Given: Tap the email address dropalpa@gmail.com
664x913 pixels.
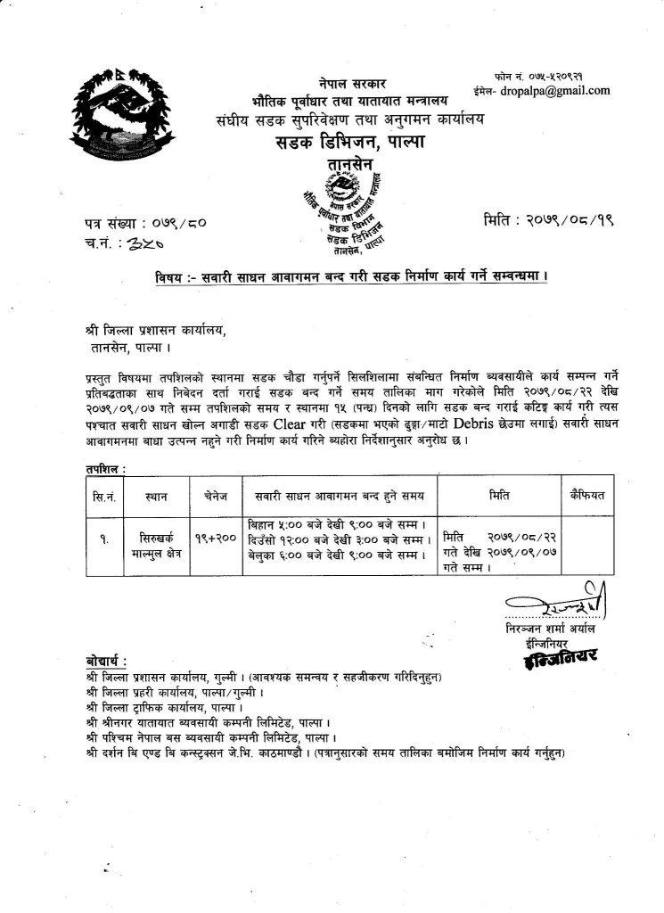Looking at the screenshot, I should (552, 90).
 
